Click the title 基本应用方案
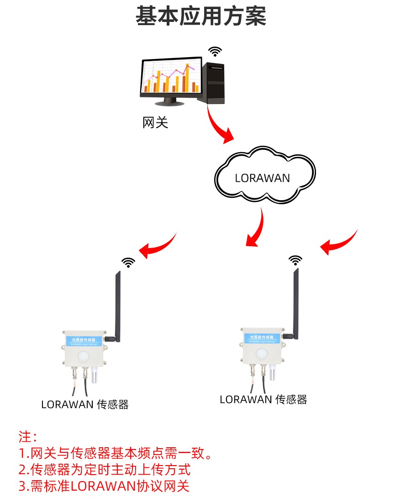(201, 16)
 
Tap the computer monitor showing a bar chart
(171, 79)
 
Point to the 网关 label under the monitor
(155, 122)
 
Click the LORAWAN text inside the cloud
(262, 178)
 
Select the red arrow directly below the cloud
(256, 228)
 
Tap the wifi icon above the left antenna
(128, 262)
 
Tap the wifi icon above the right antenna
(295, 260)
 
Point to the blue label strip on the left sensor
(85, 340)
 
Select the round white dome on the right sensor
(261, 351)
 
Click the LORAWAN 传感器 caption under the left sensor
(85, 404)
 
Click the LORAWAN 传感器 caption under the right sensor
(263, 399)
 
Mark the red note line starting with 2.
(105, 469)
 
